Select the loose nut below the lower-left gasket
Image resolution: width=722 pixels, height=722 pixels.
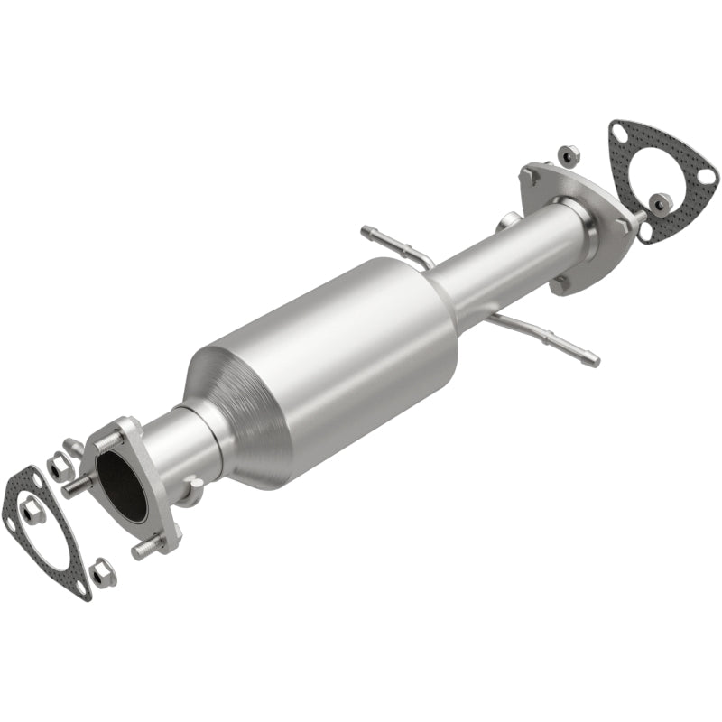pos(103,572)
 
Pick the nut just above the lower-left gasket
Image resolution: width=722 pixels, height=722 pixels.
pos(60,466)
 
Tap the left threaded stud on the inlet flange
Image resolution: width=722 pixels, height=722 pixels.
pos(75,490)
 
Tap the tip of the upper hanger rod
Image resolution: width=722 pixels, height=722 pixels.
pos(366,231)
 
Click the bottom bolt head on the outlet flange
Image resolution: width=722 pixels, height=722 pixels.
pos(560,282)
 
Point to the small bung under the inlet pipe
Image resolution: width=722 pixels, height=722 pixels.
pos(192,492)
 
